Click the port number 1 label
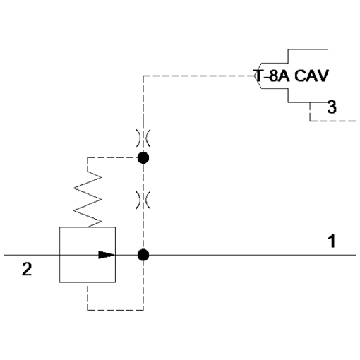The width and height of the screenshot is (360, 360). click(x=332, y=241)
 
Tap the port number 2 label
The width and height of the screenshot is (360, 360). click(x=27, y=269)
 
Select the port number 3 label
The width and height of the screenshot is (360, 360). click(x=332, y=107)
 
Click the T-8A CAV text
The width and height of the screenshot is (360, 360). click(x=291, y=76)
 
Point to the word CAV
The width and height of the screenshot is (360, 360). click(x=311, y=76)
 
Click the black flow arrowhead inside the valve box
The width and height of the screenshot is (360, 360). click(x=107, y=255)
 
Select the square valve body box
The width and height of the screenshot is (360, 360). click(x=88, y=255)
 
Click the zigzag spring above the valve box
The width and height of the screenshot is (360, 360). click(x=88, y=199)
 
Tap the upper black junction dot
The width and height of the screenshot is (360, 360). click(x=143, y=157)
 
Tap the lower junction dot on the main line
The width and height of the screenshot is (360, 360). click(x=143, y=255)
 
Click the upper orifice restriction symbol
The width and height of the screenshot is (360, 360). click(x=143, y=138)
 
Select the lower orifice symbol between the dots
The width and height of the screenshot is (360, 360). click(x=143, y=200)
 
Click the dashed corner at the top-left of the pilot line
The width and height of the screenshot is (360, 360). click(x=143, y=76)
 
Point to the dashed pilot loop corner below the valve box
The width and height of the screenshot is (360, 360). click(x=88, y=310)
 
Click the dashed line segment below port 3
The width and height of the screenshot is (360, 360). click(x=333, y=121)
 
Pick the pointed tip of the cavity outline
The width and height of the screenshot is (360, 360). click(x=255, y=76)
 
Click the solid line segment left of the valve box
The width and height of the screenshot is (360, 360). click(x=32, y=255)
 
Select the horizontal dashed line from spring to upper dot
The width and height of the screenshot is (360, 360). click(x=112, y=157)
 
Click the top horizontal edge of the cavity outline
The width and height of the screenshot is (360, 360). click(x=308, y=49)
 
